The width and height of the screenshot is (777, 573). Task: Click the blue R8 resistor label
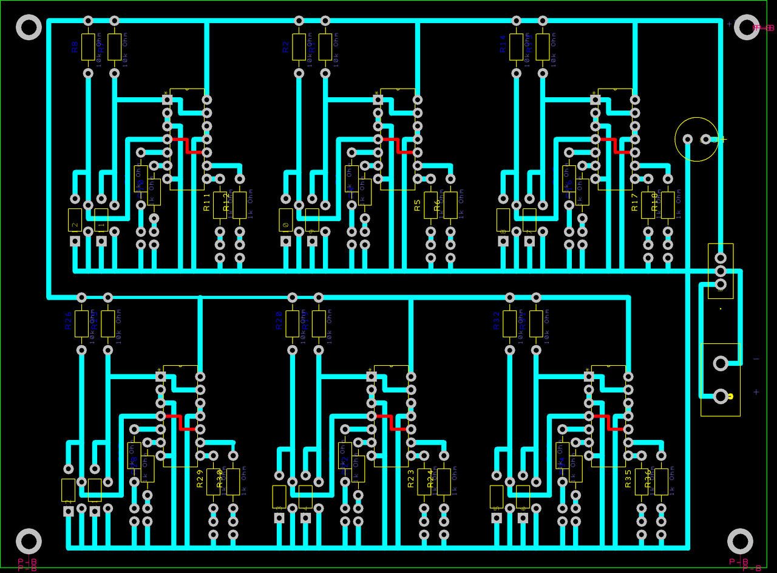pos(75,47)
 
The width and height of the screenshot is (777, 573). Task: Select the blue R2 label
pos(285,47)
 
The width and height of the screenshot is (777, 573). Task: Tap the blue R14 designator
pos(503,44)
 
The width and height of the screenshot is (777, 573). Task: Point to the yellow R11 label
pos(207,202)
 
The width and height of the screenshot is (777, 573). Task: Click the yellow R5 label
pos(417,205)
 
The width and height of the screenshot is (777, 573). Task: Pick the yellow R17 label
pos(635,202)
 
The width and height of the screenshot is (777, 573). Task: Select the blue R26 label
pos(68,320)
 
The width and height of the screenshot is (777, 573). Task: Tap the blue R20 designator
pos(279,320)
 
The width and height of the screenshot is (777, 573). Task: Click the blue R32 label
pos(497,320)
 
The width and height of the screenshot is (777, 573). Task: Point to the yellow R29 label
pos(200,479)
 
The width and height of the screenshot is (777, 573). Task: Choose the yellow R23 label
pos(411,479)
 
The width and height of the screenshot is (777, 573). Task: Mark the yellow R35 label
pos(628,479)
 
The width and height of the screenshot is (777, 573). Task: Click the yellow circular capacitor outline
pos(696,139)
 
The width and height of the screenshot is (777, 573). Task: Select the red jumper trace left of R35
pos(607,423)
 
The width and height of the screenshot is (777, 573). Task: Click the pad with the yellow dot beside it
pos(720,397)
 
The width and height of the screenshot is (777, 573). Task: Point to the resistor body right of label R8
pos(88,47)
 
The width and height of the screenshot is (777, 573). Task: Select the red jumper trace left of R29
pos(180,423)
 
